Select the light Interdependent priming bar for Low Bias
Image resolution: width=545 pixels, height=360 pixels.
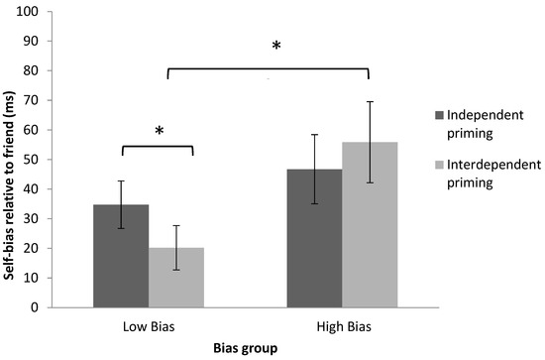pos(175,278)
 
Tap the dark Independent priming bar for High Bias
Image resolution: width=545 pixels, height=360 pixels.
pos(314,238)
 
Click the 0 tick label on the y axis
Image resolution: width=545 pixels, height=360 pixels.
pos(49,307)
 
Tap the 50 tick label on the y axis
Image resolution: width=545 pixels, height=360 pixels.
pos(46,160)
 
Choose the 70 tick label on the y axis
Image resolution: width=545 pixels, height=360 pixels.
pos(46,100)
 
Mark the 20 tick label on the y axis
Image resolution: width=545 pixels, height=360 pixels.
pos(46,248)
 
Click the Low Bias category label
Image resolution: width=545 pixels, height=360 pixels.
pos(149,325)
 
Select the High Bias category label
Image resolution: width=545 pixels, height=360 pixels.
pos(341,325)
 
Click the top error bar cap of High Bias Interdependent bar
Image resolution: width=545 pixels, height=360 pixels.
pos(369,101)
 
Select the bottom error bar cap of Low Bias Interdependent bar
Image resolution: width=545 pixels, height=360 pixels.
pos(175,270)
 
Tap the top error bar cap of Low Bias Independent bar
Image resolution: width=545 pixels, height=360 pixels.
pos(121,180)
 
